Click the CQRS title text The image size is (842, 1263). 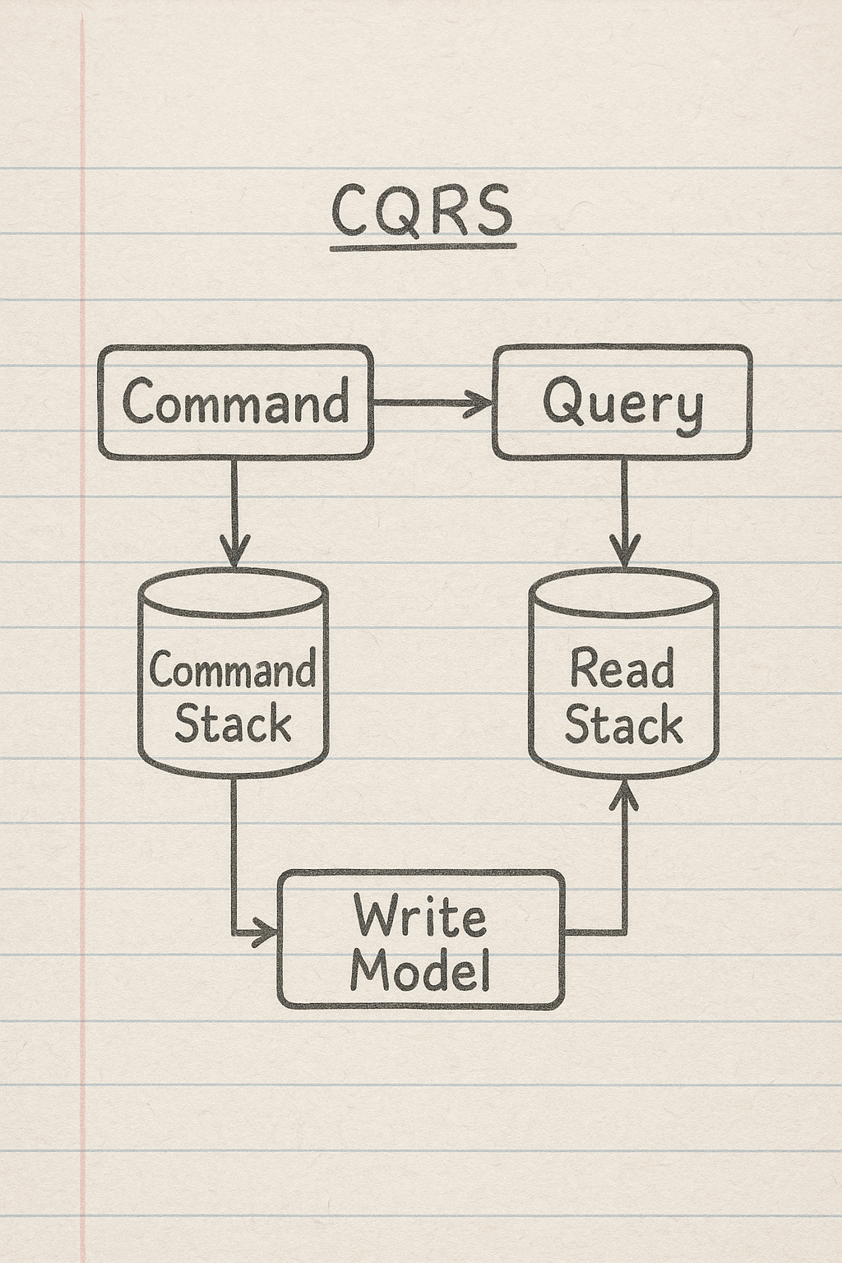pyautogui.click(x=423, y=210)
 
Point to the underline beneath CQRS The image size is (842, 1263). pyautogui.click(x=423, y=244)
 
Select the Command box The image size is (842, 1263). pyautogui.click(x=235, y=401)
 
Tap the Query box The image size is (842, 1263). pyautogui.click(x=622, y=402)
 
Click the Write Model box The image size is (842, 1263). pyautogui.click(x=421, y=939)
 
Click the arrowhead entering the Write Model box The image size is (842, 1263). pyautogui.click(x=265, y=932)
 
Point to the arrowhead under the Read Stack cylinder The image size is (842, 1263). pyautogui.click(x=624, y=794)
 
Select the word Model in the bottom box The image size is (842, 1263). pyautogui.click(x=420, y=969)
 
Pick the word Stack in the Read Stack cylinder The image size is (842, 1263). pyautogui.click(x=623, y=725)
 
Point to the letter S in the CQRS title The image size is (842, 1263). pyautogui.click(x=491, y=210)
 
